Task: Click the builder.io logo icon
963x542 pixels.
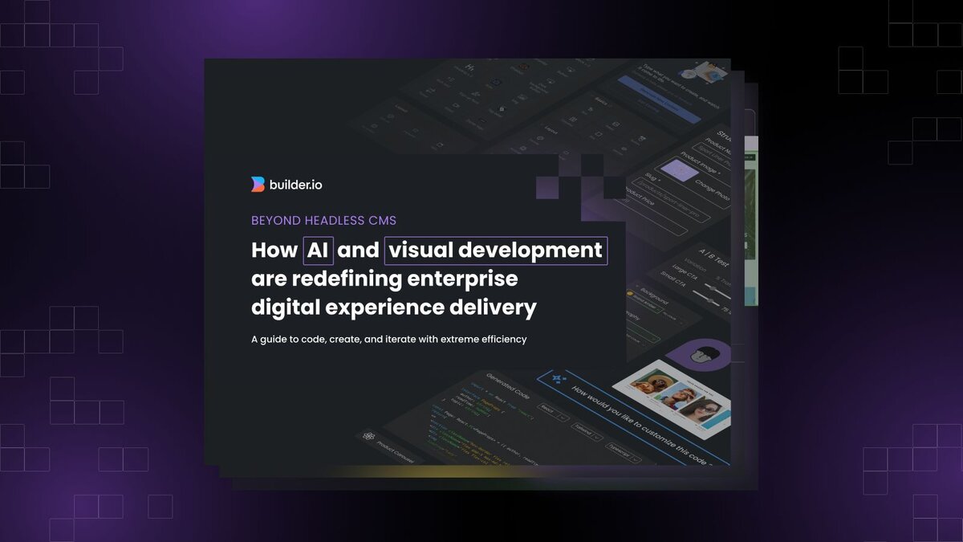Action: coord(258,185)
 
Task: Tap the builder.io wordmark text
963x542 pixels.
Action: coord(295,185)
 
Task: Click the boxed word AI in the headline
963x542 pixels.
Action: coord(318,251)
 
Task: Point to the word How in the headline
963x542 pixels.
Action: coord(274,251)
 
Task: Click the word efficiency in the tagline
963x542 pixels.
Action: coord(501,340)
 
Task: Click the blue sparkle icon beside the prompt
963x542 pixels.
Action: coord(555,375)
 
